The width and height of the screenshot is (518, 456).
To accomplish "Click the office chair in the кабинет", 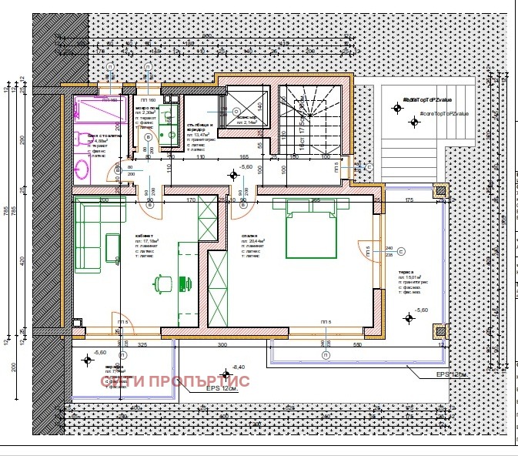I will click(162, 283).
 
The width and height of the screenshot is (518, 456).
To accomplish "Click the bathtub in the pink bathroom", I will click(100, 109).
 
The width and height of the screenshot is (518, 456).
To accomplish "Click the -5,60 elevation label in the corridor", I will click(246, 166).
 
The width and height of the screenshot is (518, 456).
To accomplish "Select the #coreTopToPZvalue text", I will click(443, 113).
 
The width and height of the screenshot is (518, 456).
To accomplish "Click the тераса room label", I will click(406, 272).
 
